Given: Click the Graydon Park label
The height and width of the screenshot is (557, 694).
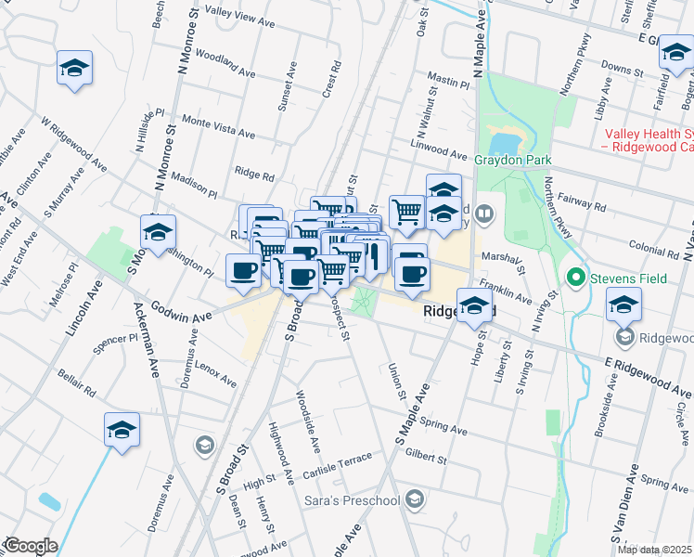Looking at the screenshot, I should [x=508, y=159].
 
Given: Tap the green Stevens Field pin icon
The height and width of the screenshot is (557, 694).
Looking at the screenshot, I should [x=575, y=277].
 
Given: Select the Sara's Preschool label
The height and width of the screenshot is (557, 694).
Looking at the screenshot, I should [x=352, y=501].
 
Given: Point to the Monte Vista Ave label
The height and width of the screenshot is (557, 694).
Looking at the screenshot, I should [x=218, y=127].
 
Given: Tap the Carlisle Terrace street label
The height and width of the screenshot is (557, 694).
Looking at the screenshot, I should [x=336, y=467].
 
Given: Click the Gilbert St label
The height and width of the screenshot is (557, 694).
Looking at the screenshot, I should [x=427, y=457].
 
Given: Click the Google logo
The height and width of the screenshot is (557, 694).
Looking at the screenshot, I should [x=30, y=545].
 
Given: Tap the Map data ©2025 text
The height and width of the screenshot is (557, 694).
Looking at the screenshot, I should [x=653, y=550].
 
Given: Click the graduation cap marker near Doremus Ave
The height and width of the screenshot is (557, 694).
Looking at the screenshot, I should [x=121, y=431].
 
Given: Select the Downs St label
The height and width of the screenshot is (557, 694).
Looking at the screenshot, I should [x=623, y=67].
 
